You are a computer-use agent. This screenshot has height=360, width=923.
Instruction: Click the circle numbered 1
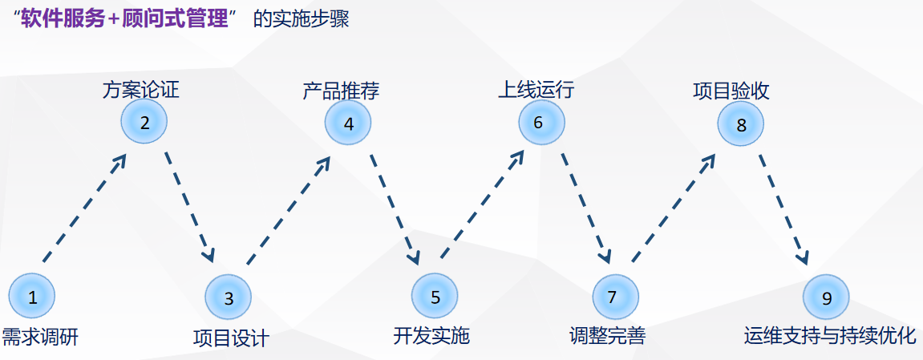pos(32,297)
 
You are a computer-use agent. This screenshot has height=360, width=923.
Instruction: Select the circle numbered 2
pos(144,123)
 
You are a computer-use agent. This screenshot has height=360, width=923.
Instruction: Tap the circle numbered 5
pos(435,297)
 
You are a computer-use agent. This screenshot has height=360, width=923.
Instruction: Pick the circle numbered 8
pos(740,124)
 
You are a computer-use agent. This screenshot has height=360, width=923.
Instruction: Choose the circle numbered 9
pos(827,297)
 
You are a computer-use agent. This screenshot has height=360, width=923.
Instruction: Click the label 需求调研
pos(40,336)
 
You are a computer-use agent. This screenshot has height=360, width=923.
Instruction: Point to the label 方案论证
pos(140,90)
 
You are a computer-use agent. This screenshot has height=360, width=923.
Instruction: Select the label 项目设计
pos(231,338)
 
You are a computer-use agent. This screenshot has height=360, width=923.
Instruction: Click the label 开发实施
pos(431,335)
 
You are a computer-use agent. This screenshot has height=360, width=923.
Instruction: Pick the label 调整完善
pos(607,336)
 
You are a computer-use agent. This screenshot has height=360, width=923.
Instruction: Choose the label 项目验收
pos(731,90)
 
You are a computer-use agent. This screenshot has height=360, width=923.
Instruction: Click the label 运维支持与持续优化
pos(829,335)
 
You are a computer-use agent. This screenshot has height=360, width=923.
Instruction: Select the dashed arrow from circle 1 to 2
pos(84,208)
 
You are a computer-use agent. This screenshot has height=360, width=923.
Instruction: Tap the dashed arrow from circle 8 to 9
pos(783,208)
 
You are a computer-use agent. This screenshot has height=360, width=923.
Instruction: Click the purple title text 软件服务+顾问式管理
pos(124,18)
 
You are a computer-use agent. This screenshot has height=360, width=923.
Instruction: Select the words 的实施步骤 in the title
pos(301,19)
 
